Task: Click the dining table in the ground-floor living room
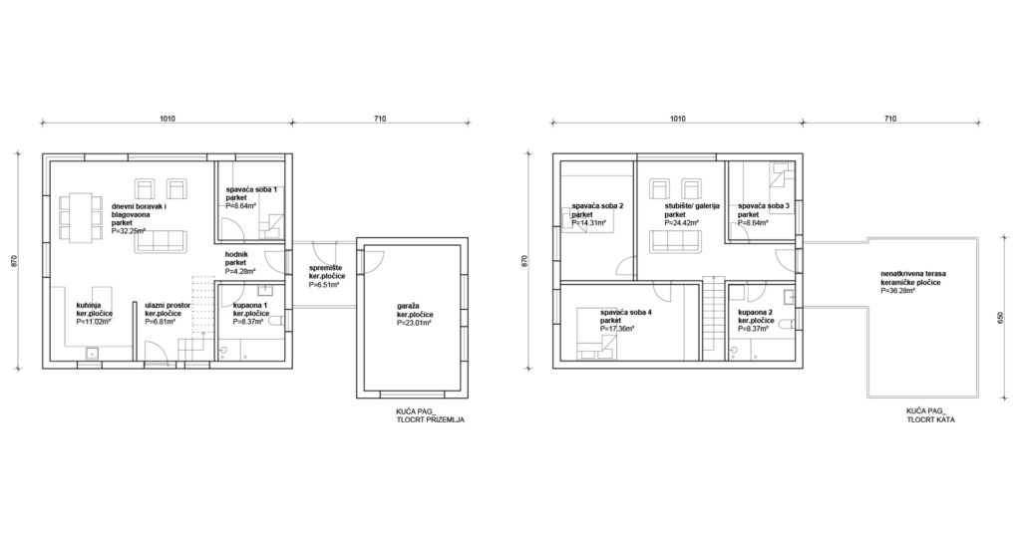coord(80,216)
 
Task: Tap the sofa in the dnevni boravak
coord(161,243)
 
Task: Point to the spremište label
coord(327,268)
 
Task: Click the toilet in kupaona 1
coord(276,320)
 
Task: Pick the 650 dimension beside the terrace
coord(1001,318)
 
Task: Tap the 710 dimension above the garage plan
coord(380,119)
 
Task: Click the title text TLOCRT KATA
coord(931,420)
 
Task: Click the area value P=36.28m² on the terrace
coord(898,291)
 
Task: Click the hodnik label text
coord(235,255)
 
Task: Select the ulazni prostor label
coord(168,305)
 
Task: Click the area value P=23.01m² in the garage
coord(415,322)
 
